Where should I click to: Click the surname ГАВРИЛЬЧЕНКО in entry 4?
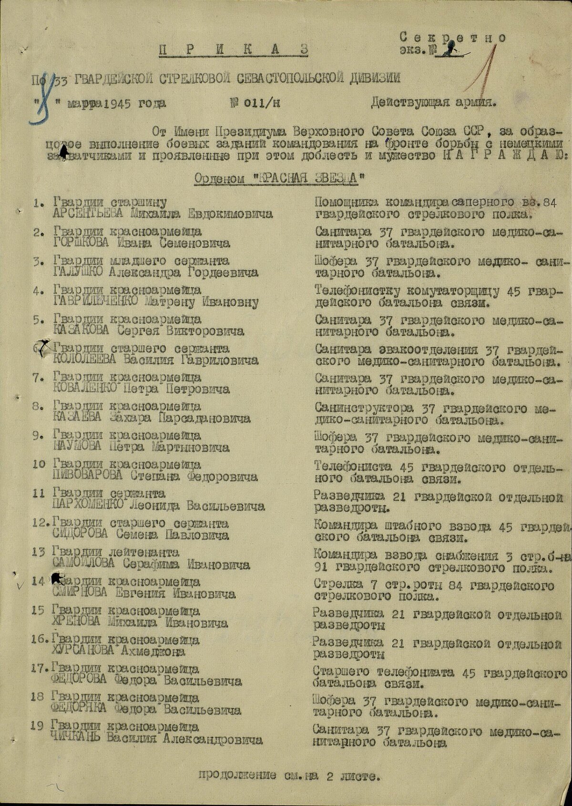[x=96, y=301]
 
